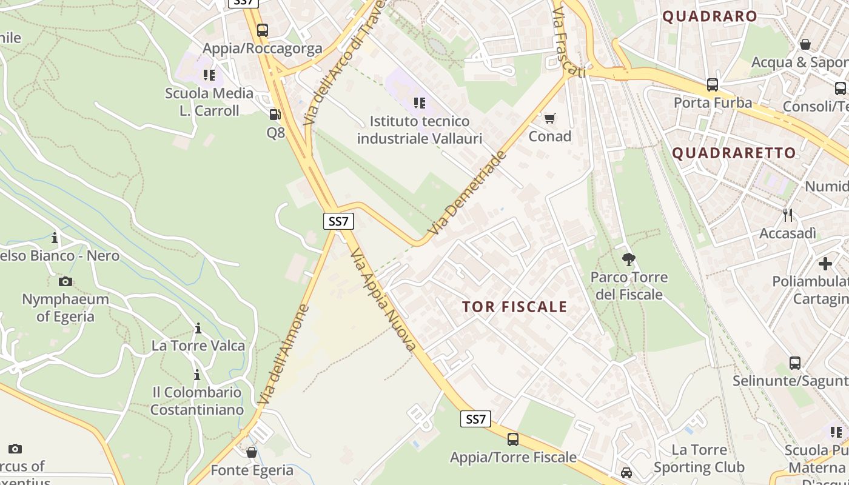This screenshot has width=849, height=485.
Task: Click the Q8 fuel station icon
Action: pyautogui.click(x=275, y=114)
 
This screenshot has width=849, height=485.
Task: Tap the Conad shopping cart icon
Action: pyautogui.click(x=550, y=118)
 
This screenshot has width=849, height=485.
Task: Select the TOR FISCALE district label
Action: pyautogui.click(x=514, y=307)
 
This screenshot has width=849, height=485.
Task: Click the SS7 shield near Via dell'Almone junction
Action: pyautogui.click(x=338, y=221)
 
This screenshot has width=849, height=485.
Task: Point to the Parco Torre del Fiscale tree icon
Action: pyautogui.click(x=629, y=259)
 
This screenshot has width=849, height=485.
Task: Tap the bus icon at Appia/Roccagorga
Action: pyautogui.click(x=263, y=30)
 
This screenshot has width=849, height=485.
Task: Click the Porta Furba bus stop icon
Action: pyautogui.click(x=713, y=84)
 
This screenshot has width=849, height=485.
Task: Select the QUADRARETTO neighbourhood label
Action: pyautogui.click(x=734, y=153)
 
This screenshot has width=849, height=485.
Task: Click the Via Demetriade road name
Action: pyautogui.click(x=466, y=193)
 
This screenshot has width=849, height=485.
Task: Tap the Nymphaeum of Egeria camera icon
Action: pyautogui.click(x=65, y=281)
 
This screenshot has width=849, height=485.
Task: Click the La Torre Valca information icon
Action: pyautogui.click(x=198, y=329)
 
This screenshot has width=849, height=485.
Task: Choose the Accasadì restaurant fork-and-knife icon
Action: pyautogui.click(x=788, y=215)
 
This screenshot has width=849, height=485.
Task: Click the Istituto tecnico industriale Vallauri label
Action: pyautogui.click(x=419, y=130)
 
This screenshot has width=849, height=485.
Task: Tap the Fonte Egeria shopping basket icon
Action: pyautogui.click(x=252, y=452)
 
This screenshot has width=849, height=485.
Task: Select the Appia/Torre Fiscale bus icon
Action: pyautogui.click(x=513, y=440)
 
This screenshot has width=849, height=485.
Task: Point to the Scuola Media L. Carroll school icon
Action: pyautogui.click(x=209, y=75)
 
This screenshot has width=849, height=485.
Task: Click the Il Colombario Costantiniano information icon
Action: pyautogui.click(x=196, y=375)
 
